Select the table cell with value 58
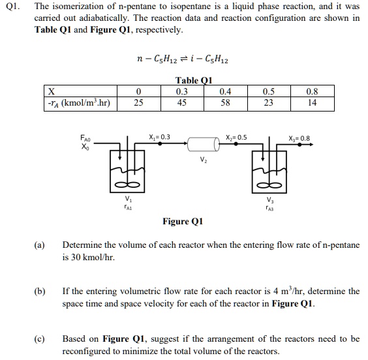click(x=226, y=102)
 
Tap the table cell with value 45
click(x=182, y=102)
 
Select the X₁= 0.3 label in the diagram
click(x=160, y=137)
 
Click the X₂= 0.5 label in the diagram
click(x=235, y=137)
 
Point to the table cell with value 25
click(x=138, y=102)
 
